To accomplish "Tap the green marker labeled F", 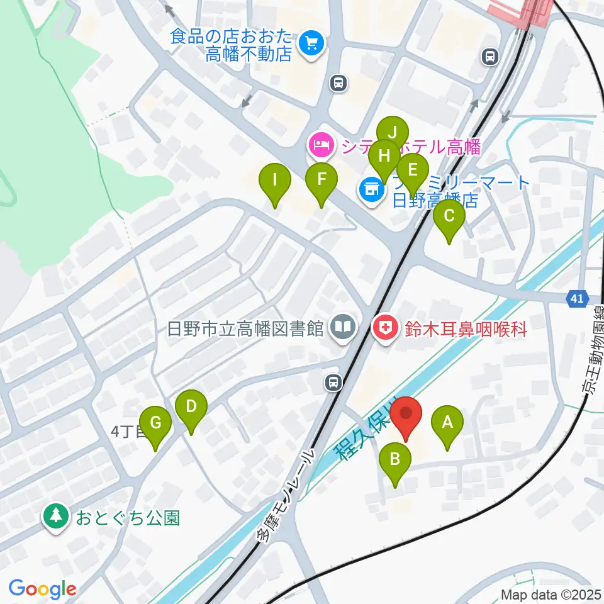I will tap(321, 180).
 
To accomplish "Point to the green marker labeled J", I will tap(393, 133).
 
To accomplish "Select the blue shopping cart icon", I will tap(311, 44).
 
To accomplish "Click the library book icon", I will tap(344, 328).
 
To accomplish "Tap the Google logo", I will tap(42, 590).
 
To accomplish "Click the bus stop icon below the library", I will tap(334, 381).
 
